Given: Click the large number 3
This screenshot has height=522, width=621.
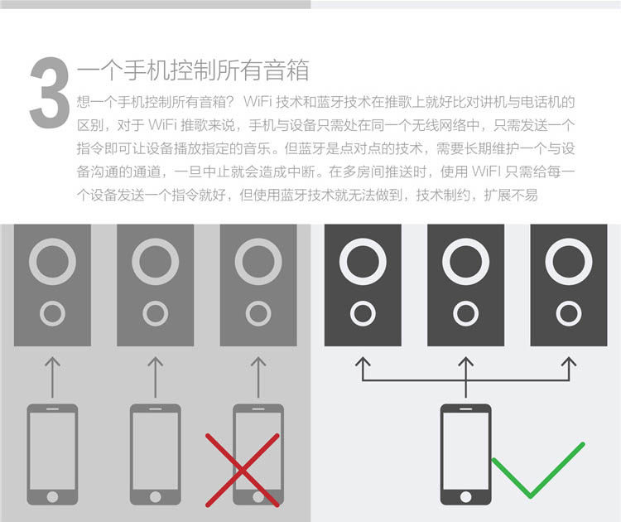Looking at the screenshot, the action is (x=49, y=93).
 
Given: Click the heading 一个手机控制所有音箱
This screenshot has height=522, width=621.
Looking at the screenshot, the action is (x=192, y=70).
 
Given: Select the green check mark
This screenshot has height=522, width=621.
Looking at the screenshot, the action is (x=538, y=471).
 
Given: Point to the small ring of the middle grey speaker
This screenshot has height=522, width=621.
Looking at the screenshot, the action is (x=155, y=313).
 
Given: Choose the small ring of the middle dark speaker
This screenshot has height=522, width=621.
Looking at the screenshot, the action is (x=465, y=313).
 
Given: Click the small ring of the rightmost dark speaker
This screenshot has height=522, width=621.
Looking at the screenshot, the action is (x=568, y=313).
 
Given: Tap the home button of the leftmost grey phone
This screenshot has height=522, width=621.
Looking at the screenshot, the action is (x=52, y=495).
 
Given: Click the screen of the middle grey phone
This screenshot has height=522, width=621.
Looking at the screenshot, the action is (x=155, y=449).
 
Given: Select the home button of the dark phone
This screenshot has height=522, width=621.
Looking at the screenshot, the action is (x=465, y=495).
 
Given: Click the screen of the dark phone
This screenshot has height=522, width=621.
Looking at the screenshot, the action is (x=465, y=449).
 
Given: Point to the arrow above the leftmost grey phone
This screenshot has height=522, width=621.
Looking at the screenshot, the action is (x=52, y=377).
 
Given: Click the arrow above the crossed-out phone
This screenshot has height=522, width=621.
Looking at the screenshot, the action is (x=258, y=377).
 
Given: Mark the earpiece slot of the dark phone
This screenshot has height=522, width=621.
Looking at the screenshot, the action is (x=465, y=410).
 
